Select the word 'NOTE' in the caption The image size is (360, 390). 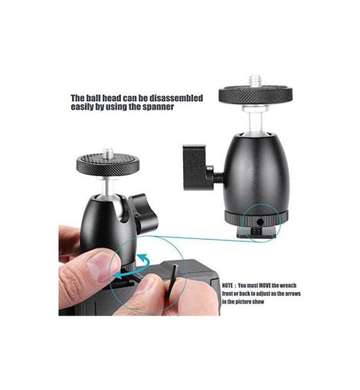(227, 286)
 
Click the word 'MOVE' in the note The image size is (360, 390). (265, 286)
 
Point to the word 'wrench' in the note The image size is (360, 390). (288, 286)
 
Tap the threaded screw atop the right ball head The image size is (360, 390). (255, 81)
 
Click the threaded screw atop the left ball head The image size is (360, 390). (108, 152)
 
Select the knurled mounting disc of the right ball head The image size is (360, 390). (256, 96)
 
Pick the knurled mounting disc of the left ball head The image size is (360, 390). (108, 165)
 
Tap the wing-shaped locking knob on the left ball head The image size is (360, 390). (142, 213)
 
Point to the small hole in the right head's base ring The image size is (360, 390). (260, 223)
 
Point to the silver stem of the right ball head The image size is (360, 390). (255, 121)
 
